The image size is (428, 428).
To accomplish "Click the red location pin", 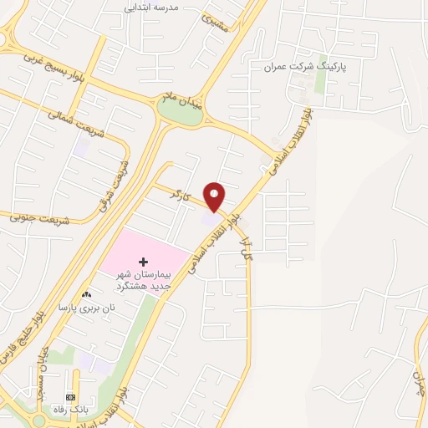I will click(216, 196).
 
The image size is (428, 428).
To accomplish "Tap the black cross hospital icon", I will click(142, 262).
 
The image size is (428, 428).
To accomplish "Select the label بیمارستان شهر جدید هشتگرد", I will click(142, 279).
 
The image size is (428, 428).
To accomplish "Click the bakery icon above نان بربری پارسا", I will click(86, 295).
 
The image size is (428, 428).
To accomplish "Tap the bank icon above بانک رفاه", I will click(70, 397).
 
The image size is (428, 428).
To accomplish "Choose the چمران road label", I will click(416, 384).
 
